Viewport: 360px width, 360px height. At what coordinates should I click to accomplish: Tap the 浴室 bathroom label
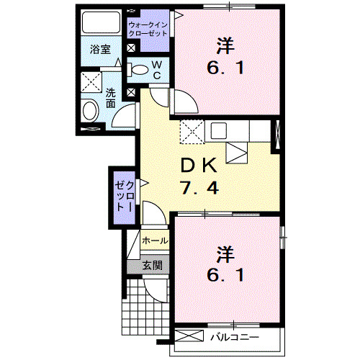(x=100, y=50)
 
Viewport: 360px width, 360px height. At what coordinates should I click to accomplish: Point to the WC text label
(x=156, y=71)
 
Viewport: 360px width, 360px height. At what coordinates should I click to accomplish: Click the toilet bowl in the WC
(x=137, y=70)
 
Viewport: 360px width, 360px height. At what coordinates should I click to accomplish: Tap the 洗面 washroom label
(x=110, y=98)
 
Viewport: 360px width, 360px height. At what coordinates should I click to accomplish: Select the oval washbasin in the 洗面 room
(x=90, y=111)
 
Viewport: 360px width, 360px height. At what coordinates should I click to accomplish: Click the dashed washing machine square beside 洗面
(x=90, y=84)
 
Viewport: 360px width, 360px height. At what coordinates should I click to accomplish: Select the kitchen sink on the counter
(x=218, y=130)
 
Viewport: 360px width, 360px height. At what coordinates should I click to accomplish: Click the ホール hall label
(x=155, y=240)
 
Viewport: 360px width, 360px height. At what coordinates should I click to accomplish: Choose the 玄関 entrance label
(x=152, y=264)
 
